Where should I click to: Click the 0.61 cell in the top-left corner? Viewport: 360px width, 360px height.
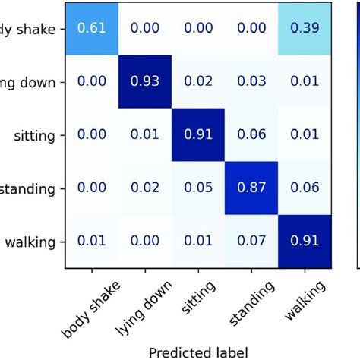tap(91, 28)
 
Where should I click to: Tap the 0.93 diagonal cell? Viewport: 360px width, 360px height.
tap(144, 81)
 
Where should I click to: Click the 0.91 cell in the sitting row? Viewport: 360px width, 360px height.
tap(198, 135)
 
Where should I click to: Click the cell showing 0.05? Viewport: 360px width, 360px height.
tap(198, 189)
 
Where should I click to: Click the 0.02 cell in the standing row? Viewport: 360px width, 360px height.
tap(144, 189)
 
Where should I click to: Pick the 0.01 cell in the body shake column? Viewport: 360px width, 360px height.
tap(91, 242)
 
